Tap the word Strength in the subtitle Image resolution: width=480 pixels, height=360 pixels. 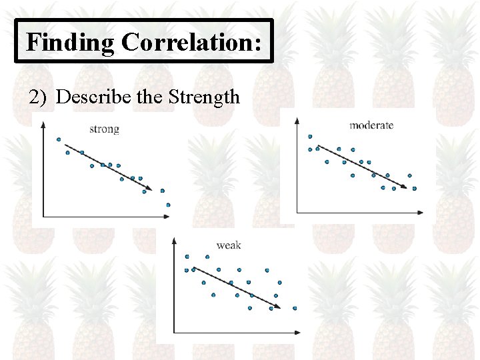pos(205,97)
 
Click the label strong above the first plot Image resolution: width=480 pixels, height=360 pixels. pos(104,129)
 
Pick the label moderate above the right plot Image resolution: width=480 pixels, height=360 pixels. pos(371,125)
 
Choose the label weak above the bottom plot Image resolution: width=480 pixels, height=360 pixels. pos(229,245)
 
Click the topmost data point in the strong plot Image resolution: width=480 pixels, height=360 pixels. pos(59,139)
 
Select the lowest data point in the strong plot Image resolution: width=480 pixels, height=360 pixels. pos(168,205)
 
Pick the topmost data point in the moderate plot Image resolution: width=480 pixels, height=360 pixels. pos(310,137)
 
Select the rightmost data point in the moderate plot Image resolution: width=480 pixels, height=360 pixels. pos(414,189)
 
